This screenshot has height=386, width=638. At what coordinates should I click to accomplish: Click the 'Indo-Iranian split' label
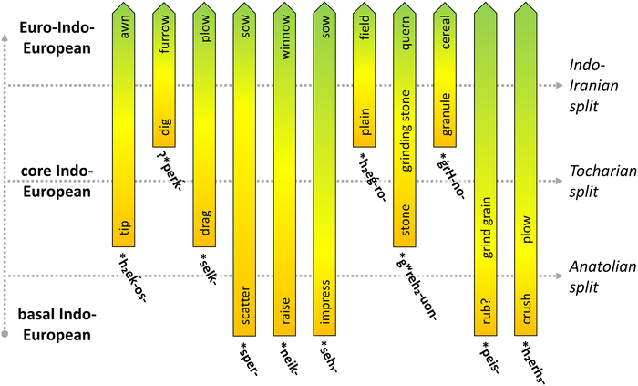tap(593, 77)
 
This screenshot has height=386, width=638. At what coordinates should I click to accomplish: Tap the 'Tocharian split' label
tap(593, 180)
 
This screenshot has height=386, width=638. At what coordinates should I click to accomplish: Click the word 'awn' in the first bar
tap(126, 36)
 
